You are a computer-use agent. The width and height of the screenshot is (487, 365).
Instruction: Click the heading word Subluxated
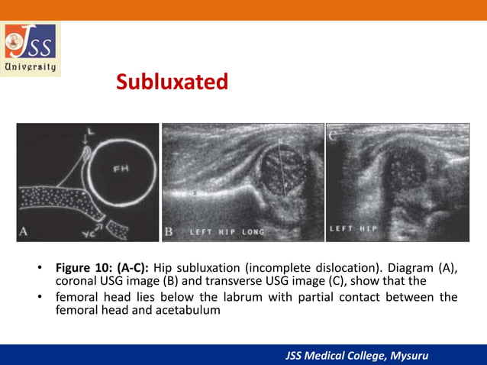click(x=172, y=82)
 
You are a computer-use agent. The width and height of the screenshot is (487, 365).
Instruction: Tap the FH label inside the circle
click(x=121, y=170)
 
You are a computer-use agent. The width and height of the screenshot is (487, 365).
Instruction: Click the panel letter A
click(x=25, y=231)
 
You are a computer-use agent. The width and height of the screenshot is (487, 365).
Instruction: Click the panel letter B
click(x=169, y=231)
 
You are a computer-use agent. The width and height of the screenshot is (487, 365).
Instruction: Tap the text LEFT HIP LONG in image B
click(x=221, y=231)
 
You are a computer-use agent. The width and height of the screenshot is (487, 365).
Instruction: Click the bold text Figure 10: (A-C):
click(x=102, y=268)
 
